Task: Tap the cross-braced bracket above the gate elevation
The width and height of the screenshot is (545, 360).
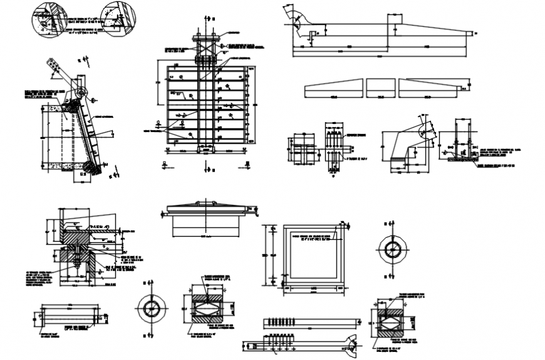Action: pyautogui.click(x=205, y=47)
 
